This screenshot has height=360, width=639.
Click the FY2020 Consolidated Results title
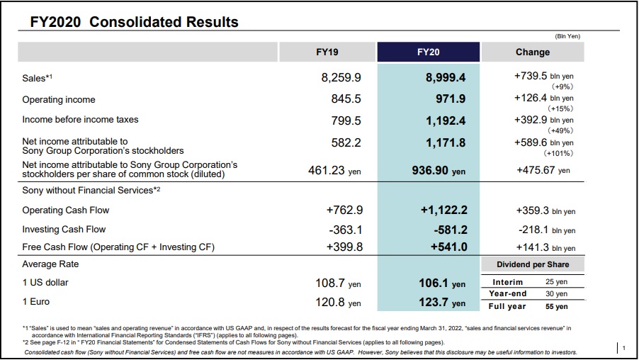coord(134,22)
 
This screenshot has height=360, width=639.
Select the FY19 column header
coord(327,52)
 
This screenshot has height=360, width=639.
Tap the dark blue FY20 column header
coord(429,52)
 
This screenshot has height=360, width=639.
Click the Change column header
coord(533,52)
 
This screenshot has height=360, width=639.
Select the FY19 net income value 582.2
coord(346,142)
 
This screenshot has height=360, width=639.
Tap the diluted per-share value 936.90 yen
coord(439,171)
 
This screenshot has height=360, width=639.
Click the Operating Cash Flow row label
coord(65,210)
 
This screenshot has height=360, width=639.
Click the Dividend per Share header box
coord(533,264)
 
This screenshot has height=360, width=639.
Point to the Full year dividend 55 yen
coord(556,306)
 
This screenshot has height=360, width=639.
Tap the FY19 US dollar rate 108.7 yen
coord(338,283)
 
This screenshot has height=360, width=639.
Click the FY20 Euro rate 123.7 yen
coord(442,303)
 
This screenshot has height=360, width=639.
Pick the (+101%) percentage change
coord(558,153)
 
